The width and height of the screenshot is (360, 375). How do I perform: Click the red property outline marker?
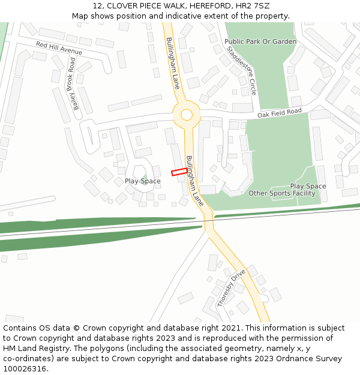click(x=178, y=172)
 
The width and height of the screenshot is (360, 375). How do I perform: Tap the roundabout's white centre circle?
click(x=187, y=114)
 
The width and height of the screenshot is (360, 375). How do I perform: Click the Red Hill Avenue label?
click(x=59, y=48)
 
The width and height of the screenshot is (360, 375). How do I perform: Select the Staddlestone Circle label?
click(x=242, y=70)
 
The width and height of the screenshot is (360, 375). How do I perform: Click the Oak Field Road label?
click(x=279, y=113)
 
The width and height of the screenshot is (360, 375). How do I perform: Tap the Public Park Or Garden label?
click(x=260, y=41)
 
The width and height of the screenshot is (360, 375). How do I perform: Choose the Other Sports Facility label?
click(x=281, y=193)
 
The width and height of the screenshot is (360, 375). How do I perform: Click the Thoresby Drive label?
click(x=231, y=288)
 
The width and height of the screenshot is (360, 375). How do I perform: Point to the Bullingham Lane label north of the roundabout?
click(x=173, y=62)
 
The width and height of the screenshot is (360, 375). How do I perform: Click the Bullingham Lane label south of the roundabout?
click(x=195, y=181)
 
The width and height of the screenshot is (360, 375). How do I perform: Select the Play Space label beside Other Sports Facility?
click(x=308, y=186)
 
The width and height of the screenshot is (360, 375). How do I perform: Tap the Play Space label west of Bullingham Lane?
click(x=142, y=181)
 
